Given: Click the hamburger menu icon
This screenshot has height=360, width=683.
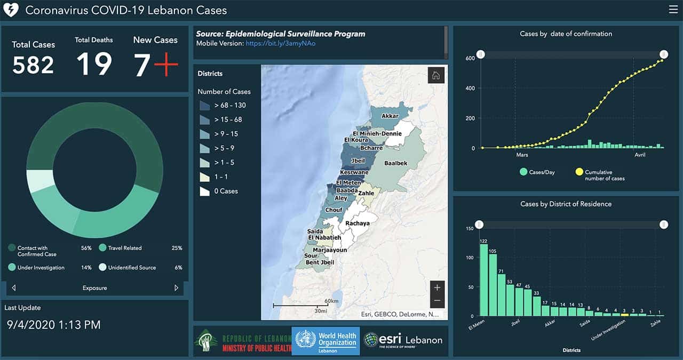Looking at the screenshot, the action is [x=673, y=10].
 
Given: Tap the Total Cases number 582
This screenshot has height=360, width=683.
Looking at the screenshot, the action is [x=33, y=65].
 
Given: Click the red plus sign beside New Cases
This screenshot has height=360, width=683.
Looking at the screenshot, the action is [x=166, y=64].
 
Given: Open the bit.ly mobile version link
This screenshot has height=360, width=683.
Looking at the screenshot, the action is [x=281, y=43].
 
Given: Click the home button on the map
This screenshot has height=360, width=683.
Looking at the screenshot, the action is [x=436, y=75].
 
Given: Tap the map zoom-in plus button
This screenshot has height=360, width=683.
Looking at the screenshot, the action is [x=437, y=287].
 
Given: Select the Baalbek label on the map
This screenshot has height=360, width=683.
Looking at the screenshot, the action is [x=396, y=163].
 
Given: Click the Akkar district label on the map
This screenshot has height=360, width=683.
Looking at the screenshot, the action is [x=390, y=116].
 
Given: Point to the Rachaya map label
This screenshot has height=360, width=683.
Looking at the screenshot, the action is [x=358, y=223].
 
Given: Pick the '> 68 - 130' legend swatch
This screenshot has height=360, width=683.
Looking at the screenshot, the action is [x=204, y=106].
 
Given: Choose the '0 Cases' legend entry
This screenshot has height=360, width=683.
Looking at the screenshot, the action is [x=219, y=191].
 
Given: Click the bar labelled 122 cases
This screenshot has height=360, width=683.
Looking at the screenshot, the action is [x=483, y=280].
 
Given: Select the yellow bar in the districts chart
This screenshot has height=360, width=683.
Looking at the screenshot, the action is [x=624, y=315].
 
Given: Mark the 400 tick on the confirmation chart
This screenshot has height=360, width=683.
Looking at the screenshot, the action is [x=470, y=89].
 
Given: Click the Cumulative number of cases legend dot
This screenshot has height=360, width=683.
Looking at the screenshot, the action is [x=579, y=172].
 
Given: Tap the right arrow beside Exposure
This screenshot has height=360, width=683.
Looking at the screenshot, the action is [x=176, y=288].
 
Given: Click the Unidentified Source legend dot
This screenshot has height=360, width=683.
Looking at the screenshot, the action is [x=102, y=267].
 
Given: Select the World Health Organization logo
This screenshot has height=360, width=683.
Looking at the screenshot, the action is [x=325, y=341].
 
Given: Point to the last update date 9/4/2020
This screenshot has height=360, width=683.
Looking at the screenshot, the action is [x=31, y=325].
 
